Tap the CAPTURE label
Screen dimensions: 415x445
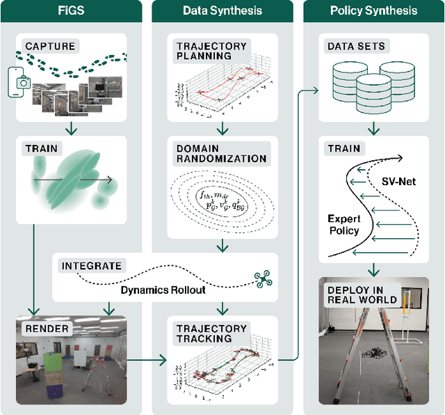50,47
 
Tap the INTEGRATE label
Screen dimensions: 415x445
92,265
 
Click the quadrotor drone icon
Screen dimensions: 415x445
264,279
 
